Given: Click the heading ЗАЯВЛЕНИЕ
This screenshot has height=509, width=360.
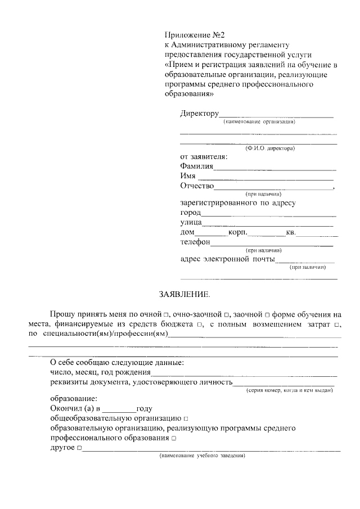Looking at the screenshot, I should (184, 294).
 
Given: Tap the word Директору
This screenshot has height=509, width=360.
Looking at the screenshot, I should (199, 114).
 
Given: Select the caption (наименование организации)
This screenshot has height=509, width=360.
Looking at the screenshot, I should (259, 121).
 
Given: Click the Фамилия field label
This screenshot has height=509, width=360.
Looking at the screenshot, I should (196, 166).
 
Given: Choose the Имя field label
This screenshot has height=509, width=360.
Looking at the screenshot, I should (188, 176).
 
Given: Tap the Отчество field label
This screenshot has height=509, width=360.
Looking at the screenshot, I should (197, 186).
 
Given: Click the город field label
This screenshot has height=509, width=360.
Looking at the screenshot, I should (190, 213).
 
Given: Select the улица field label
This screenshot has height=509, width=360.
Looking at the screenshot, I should (191, 223).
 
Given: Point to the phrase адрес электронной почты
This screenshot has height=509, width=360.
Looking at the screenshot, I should (227, 259).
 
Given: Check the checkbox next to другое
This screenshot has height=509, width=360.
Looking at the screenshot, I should (79, 448).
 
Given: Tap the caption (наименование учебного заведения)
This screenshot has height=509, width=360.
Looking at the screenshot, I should (202, 456).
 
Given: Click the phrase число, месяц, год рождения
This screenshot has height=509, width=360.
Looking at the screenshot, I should (100, 372).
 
